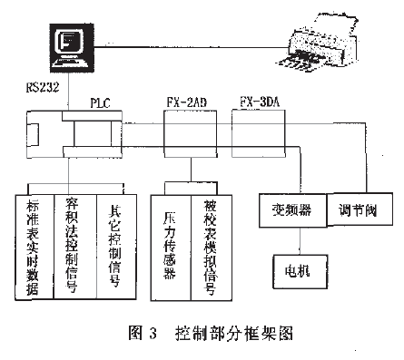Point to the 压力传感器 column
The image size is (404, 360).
coord(170,245)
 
